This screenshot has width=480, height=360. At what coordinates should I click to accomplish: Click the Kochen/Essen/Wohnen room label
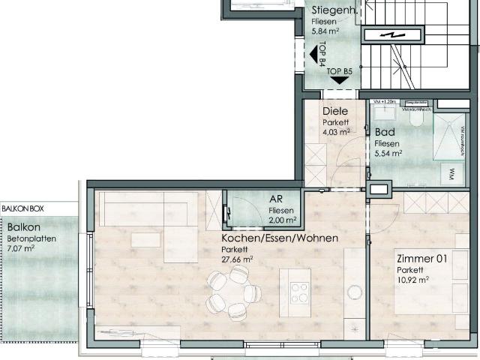(x=279, y=238)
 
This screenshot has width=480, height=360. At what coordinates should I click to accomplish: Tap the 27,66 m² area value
(x=237, y=259)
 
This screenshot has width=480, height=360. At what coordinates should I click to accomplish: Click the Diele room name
(x=334, y=111)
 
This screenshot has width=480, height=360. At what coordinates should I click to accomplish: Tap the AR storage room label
(x=276, y=199)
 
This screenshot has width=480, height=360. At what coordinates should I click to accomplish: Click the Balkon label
(x=24, y=226)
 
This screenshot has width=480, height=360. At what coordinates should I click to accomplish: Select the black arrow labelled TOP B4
(x=313, y=54)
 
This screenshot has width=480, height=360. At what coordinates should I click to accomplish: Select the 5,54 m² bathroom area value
(x=388, y=153)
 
